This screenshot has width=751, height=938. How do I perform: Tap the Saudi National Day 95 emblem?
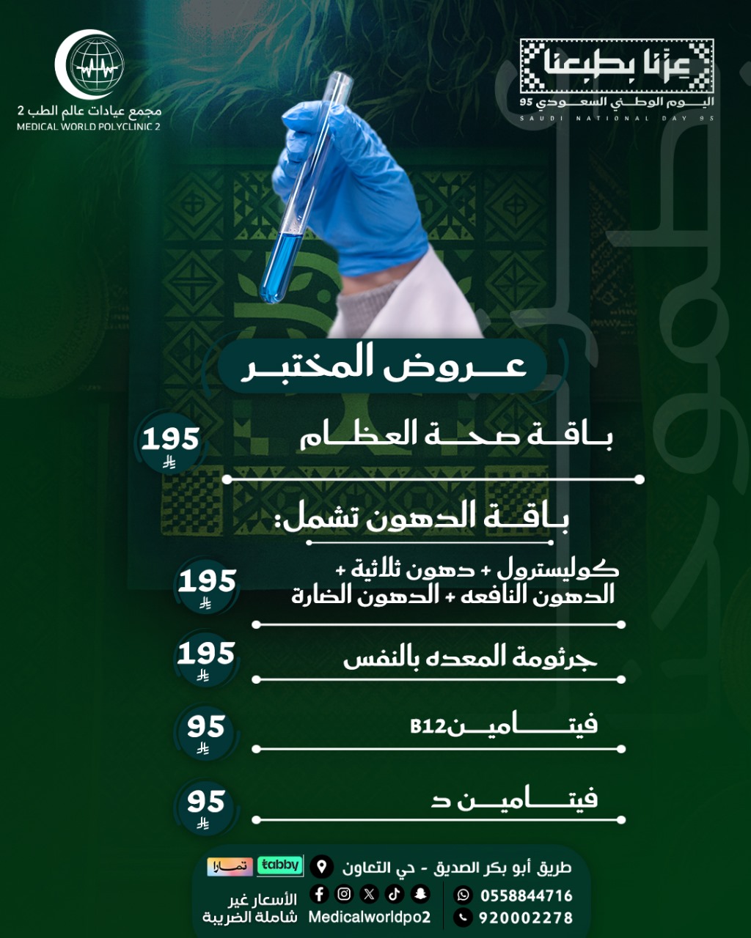click(617, 73)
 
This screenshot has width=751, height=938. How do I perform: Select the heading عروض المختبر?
click(383, 365)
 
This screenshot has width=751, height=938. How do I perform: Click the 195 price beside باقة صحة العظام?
click(170, 440)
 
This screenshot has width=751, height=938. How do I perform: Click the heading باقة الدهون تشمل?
click(425, 517)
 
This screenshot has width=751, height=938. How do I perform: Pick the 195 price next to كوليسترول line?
click(207, 583)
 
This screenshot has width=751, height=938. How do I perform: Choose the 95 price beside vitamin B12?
click(205, 728)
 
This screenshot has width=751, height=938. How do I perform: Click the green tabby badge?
click(280, 865)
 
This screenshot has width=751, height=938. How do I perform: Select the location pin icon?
click(321, 867)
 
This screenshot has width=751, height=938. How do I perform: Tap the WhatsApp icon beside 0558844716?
click(464, 895)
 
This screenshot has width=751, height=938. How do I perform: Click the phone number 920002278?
click(525, 917)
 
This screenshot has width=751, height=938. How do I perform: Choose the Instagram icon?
click(344, 894)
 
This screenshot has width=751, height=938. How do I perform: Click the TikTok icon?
click(395, 894)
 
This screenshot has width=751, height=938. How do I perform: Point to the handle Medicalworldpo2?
click(369, 917)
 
